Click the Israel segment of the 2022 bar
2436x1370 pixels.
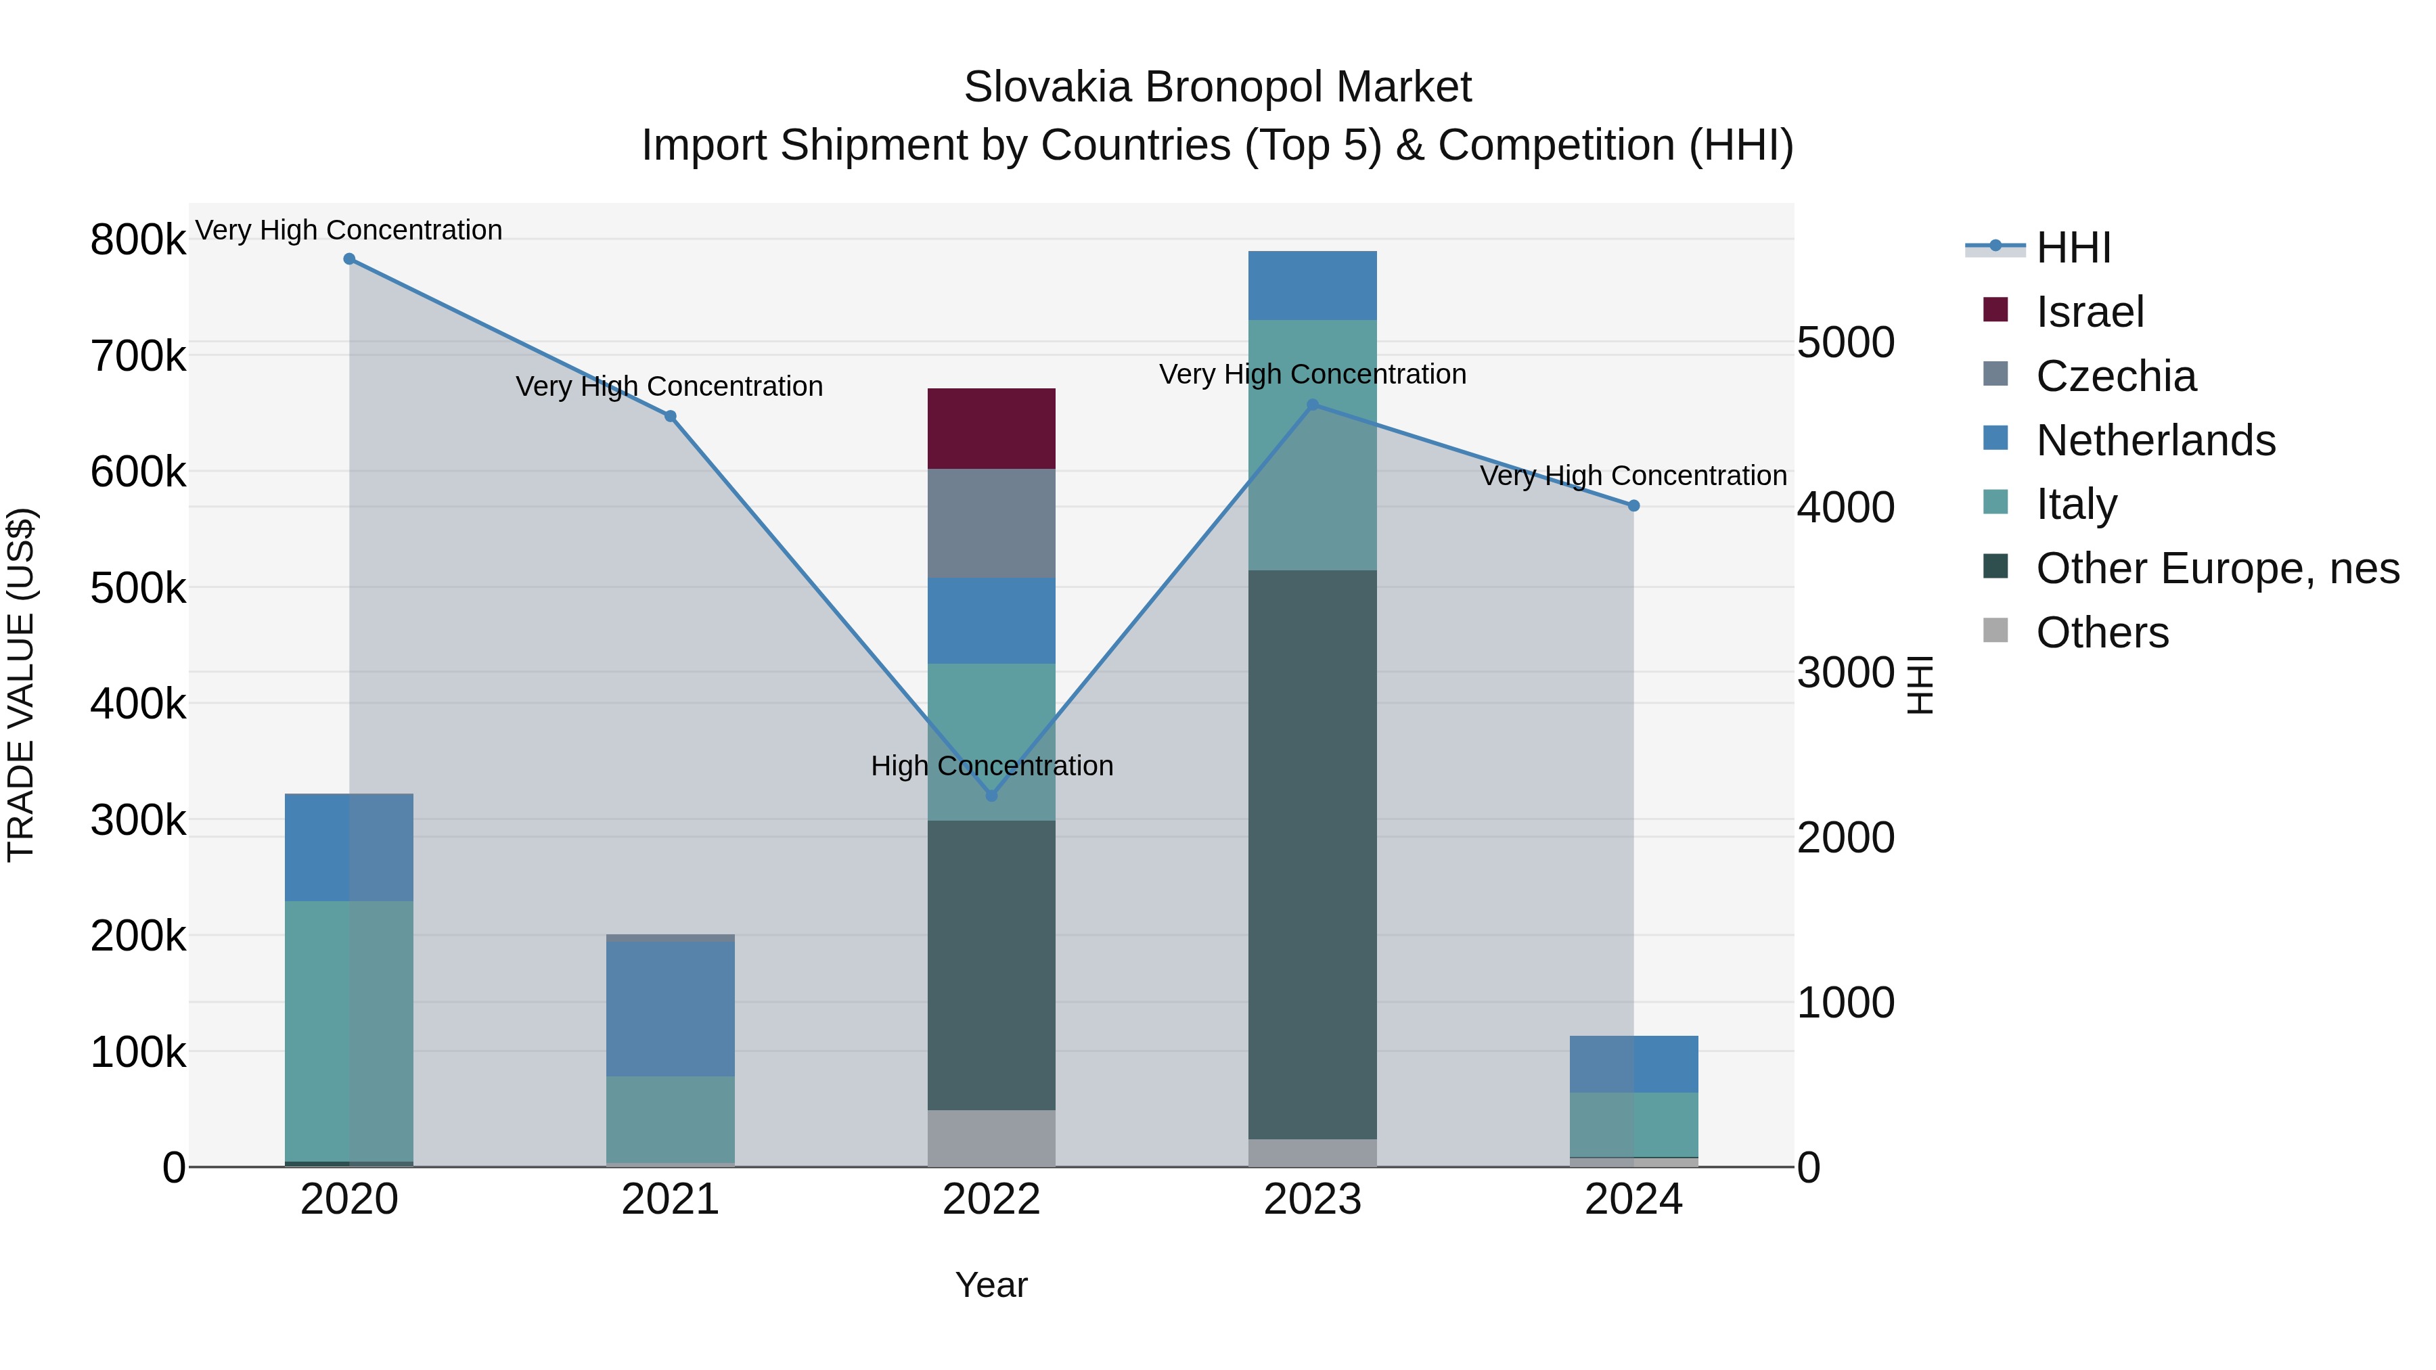point(991,428)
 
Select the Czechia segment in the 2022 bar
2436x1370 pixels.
point(991,523)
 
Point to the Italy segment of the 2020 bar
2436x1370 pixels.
point(349,1030)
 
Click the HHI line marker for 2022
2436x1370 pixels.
point(991,795)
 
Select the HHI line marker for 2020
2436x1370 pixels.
point(349,258)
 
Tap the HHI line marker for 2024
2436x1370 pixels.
point(1633,506)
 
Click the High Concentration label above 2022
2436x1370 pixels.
point(991,765)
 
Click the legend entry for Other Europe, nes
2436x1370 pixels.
point(2217,568)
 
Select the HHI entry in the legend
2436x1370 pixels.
point(2073,248)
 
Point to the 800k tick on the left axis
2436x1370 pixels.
point(138,239)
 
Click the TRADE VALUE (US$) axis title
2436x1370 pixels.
point(21,685)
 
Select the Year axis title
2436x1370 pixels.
point(991,1285)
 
